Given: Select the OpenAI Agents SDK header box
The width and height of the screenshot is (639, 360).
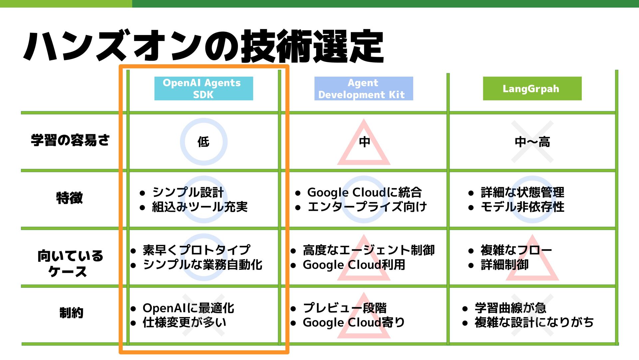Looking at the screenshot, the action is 203,89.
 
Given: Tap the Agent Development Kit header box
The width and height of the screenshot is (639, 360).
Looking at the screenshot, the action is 363,89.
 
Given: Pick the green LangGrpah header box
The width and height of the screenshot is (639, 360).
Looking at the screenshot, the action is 532,89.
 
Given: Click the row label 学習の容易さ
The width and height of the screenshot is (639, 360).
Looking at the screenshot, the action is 70,140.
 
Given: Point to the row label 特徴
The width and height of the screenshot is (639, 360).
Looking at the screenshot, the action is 70,198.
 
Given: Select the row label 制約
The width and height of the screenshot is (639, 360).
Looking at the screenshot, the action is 71,313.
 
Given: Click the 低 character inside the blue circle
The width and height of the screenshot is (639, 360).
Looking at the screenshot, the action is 203,142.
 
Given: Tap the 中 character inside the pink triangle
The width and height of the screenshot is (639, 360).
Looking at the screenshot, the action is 364,142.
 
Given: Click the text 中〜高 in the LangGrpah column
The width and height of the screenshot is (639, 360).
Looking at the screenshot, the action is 532,142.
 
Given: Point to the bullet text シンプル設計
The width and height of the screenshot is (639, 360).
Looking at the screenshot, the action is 188,192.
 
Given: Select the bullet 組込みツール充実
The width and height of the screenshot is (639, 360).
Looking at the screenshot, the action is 200,207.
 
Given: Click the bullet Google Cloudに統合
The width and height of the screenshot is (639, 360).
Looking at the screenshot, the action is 364,192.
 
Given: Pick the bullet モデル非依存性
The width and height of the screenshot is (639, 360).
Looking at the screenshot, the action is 522,207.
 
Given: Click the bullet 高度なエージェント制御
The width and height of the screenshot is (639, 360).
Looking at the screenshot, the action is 368,250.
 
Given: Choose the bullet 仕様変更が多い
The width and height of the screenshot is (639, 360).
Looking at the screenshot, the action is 184,322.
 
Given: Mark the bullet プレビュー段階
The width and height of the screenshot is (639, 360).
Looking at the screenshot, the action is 344,308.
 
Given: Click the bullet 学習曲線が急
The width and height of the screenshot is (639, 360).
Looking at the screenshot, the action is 510,308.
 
